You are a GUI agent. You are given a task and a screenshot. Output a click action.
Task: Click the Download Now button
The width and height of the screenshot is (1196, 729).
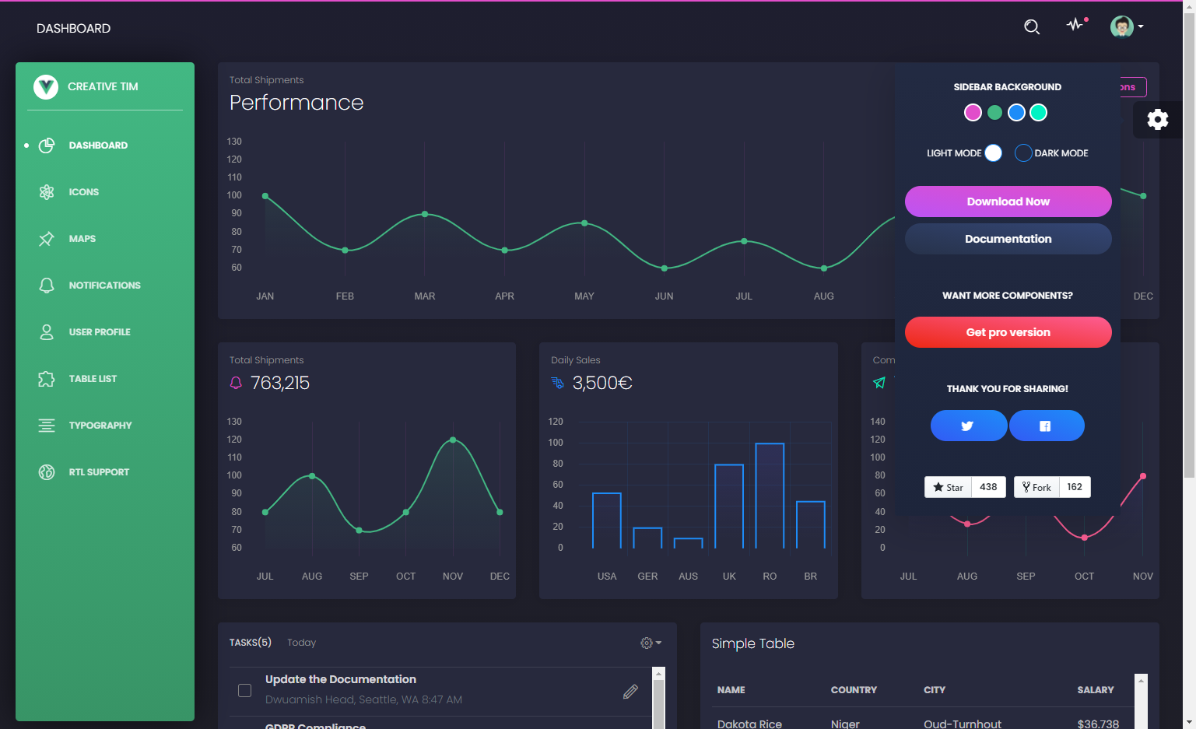1008,202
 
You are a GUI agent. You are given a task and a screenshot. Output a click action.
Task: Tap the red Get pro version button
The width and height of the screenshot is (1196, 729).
1008,332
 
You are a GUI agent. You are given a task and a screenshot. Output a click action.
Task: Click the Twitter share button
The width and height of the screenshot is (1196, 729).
968,426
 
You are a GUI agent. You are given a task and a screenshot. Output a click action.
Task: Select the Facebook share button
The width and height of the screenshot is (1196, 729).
1046,426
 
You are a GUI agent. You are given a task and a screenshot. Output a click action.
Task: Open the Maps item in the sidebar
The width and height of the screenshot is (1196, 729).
82,239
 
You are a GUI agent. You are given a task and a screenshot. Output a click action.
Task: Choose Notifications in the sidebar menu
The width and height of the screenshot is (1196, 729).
104,286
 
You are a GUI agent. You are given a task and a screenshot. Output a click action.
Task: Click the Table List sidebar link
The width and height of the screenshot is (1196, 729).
93,379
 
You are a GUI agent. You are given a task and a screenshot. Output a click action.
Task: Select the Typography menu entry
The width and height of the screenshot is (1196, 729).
100,426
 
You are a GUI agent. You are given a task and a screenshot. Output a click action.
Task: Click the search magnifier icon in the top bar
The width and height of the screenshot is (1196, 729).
1032,27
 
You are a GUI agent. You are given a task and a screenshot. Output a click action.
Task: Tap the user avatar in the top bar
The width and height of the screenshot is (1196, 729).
1121,26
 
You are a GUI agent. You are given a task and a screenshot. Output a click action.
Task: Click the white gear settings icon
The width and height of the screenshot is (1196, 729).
1158,119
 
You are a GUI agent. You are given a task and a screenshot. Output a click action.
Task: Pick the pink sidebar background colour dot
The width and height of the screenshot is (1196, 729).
973,113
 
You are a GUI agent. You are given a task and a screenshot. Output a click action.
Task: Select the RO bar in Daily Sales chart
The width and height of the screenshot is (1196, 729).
770,496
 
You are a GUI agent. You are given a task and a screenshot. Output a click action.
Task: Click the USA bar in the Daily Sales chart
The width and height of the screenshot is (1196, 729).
607,520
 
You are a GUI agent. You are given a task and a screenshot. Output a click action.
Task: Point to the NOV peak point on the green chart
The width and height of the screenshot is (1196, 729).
453,440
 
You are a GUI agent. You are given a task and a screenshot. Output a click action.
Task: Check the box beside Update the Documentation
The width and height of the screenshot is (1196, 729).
244,690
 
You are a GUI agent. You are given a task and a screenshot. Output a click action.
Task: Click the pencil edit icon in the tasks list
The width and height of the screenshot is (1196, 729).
630,692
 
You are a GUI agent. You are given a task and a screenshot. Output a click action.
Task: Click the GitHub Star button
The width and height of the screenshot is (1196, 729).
948,487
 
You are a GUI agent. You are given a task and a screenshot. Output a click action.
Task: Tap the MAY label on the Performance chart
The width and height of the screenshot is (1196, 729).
584,296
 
